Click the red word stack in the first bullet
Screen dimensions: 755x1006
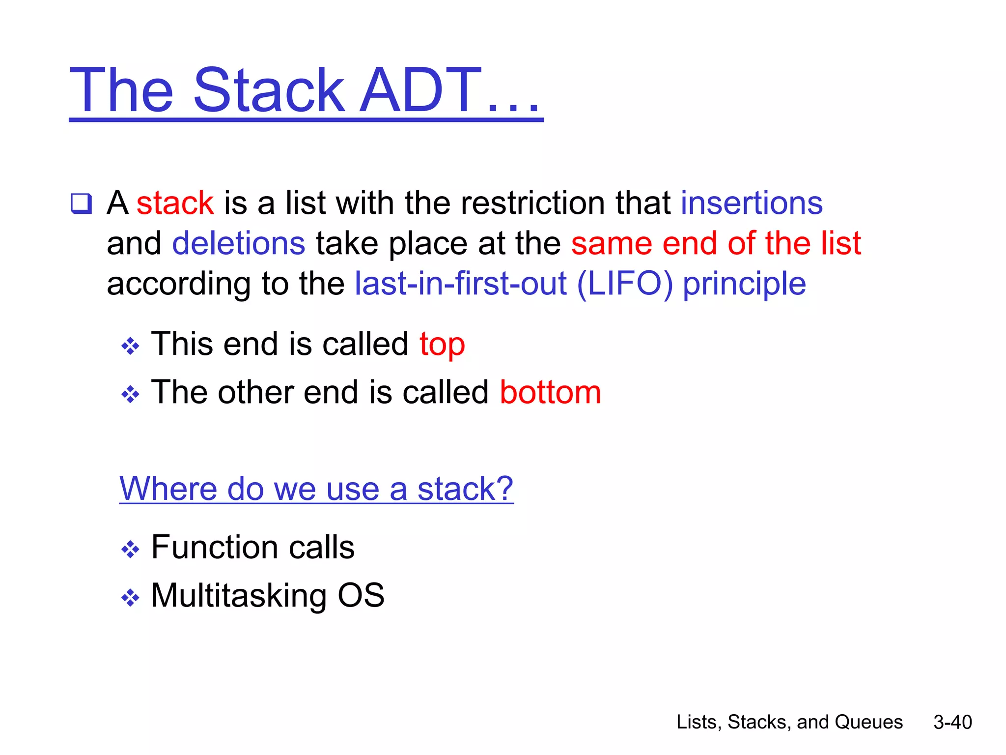pyautogui.click(x=175, y=203)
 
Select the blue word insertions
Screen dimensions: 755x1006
pyautogui.click(x=751, y=203)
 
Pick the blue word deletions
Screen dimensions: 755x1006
pyautogui.click(x=239, y=244)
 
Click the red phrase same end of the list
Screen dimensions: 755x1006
pyautogui.click(x=716, y=243)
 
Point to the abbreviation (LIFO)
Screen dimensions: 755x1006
pyautogui.click(x=624, y=284)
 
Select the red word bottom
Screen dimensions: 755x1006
pyautogui.click(x=550, y=393)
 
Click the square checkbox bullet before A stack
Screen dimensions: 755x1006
pyautogui.click(x=81, y=203)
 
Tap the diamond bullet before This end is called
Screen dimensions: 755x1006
pyautogui.click(x=130, y=346)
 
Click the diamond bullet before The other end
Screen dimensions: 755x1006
pyautogui.click(x=130, y=394)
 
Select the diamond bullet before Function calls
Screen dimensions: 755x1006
pyautogui.click(x=130, y=549)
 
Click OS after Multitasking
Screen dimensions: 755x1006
pyautogui.click(x=361, y=595)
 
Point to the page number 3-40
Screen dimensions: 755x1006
pyautogui.click(x=952, y=722)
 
